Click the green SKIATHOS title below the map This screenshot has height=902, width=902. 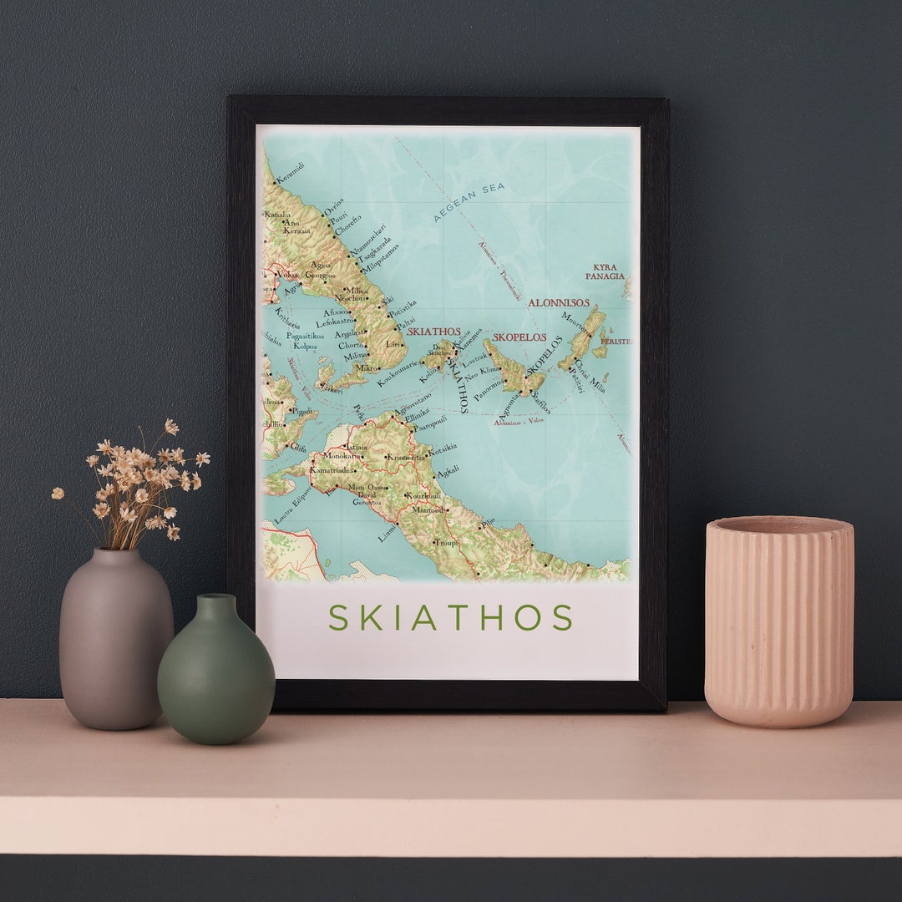[450, 618]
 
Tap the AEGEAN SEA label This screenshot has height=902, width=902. [469, 202]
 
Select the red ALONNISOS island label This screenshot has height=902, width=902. [559, 303]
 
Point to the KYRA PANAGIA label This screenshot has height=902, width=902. [605, 271]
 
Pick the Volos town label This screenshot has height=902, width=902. [288, 274]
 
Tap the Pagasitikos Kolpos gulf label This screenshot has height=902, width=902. [305, 341]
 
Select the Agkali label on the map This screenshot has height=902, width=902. [448, 470]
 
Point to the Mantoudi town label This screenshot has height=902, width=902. [430, 509]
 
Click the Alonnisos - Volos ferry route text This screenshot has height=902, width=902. [519, 421]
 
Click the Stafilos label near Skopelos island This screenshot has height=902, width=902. [540, 403]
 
